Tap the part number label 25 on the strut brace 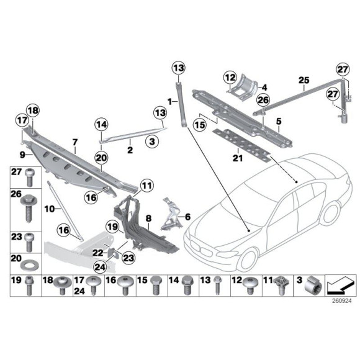(x=303, y=79)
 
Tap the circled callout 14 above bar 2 (x=101, y=125)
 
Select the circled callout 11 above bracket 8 (x=145, y=185)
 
